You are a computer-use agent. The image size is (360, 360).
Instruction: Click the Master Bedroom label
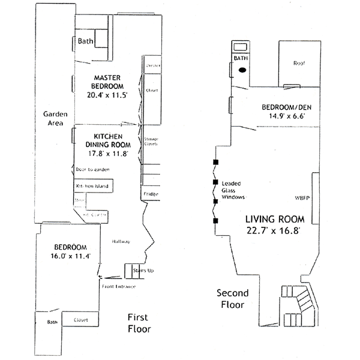[x=108, y=82]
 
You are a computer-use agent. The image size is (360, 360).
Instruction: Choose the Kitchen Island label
[x=91, y=187]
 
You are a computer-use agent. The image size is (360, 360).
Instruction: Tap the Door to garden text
[x=93, y=170]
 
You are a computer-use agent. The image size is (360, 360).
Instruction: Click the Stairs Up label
[x=142, y=272]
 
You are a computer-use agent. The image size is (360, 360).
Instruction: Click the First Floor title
[x=139, y=323]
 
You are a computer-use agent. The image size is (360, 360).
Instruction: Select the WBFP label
[x=302, y=197]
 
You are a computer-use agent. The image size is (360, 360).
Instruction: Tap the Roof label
[x=299, y=64]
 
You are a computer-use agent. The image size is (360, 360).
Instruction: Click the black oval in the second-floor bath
[x=242, y=70]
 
